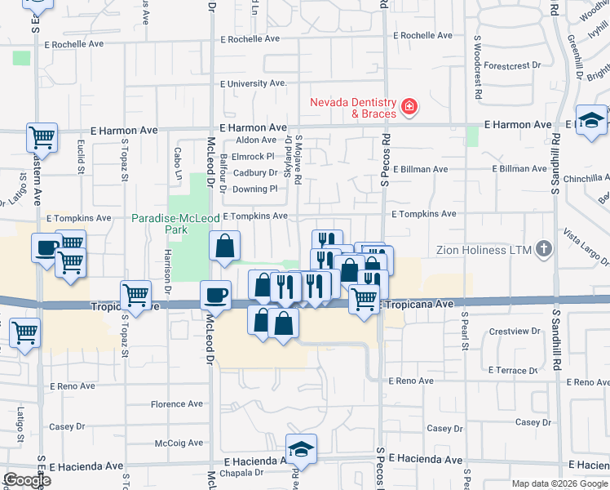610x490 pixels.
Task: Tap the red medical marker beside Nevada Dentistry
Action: [409, 106]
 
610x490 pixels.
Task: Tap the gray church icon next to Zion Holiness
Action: [543, 249]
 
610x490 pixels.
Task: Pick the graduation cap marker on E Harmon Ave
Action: [591, 119]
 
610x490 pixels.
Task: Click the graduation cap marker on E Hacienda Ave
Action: [301, 448]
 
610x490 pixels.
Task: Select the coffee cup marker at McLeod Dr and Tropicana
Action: [216, 293]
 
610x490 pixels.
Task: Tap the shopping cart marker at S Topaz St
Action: [135, 294]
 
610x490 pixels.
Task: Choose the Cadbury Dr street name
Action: [255, 173]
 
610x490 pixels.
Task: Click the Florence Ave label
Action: [177, 404]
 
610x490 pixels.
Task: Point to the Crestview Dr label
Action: [510, 332]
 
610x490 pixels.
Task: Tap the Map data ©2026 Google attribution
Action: [559, 483]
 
